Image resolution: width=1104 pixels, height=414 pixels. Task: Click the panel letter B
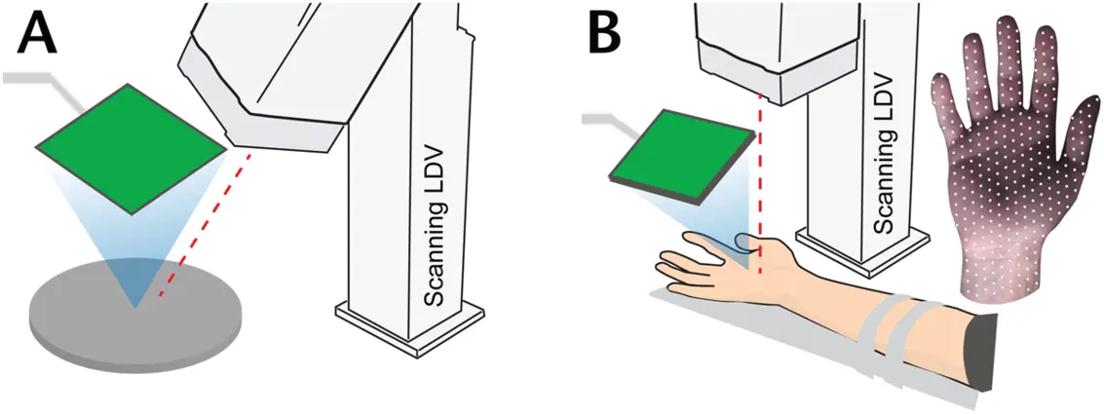pos(605,36)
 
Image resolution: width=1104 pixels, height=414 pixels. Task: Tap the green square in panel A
pos(132,148)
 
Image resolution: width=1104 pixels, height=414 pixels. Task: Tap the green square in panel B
pos(682,158)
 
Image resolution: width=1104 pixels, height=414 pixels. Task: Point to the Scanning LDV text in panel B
pos(884,151)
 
